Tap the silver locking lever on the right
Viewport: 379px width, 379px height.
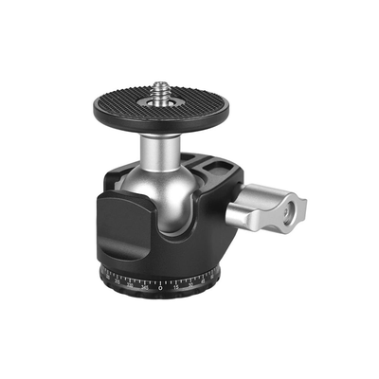pyautogui.click(x=275, y=208)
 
